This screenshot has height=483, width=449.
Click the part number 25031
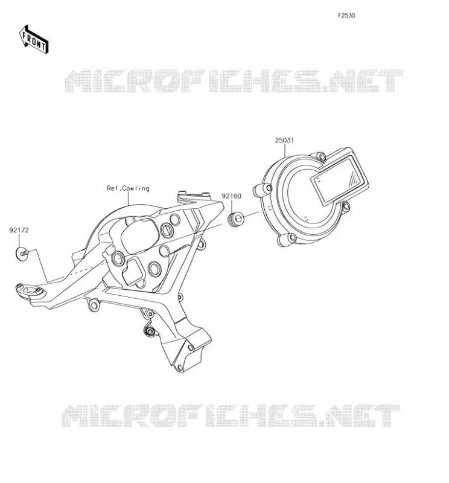point(284,140)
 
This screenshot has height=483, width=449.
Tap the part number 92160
point(232,196)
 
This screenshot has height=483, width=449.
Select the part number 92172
point(19,230)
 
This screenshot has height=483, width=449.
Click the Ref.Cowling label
point(128,188)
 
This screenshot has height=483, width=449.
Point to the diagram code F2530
point(346,16)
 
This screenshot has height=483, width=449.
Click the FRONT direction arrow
point(34,40)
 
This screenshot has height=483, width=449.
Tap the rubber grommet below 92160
point(236,219)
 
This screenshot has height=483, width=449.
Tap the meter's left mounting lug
point(263,190)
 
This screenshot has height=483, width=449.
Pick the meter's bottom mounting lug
point(287,239)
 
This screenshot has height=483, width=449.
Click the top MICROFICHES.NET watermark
point(234,81)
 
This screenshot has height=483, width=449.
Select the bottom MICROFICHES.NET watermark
point(231,415)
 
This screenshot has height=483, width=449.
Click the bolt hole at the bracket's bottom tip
point(180,368)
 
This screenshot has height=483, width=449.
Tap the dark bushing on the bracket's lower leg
point(150,331)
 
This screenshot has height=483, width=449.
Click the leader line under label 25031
point(285,151)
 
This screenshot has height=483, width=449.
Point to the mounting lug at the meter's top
point(319,156)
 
